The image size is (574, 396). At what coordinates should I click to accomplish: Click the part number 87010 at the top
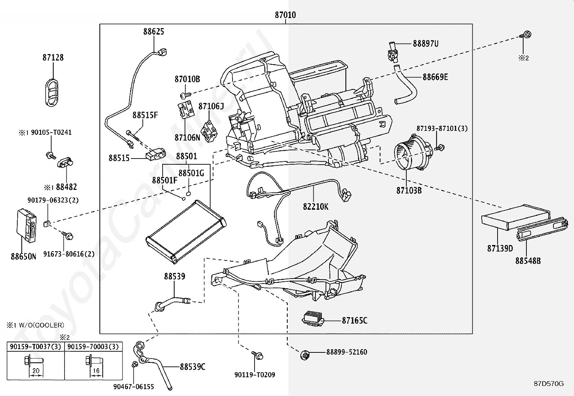click(x=285, y=15)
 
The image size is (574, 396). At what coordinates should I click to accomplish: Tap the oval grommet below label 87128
click(x=52, y=93)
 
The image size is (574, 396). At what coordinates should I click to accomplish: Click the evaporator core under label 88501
click(x=186, y=232)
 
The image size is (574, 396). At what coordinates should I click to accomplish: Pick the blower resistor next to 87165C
click(x=313, y=319)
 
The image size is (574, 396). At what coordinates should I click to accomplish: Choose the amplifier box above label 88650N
click(x=26, y=225)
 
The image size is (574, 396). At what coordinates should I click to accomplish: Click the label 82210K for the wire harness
click(x=315, y=206)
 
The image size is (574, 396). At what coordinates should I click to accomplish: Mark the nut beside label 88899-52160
click(x=304, y=355)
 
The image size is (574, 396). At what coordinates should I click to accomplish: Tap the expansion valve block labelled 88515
click(x=155, y=155)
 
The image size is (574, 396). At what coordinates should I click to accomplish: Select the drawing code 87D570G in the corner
click(x=549, y=383)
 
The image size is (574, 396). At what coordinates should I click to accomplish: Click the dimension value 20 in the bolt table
click(x=36, y=370)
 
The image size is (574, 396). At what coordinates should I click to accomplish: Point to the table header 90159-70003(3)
click(x=93, y=347)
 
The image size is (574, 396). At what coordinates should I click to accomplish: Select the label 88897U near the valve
click(x=425, y=44)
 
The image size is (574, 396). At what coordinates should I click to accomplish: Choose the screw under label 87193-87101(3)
click(x=440, y=148)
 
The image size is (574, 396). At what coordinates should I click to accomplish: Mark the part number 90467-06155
click(x=133, y=387)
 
